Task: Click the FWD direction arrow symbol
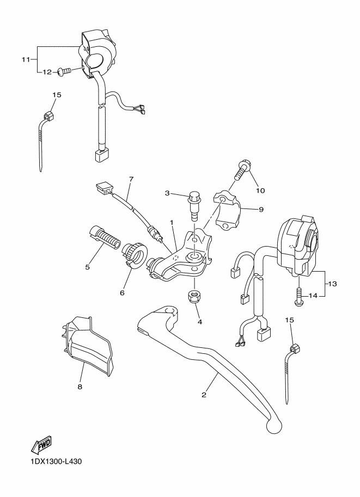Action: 41,443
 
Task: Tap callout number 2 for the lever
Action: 204,395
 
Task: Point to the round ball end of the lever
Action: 273,425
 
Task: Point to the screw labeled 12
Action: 64,71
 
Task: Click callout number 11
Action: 26,59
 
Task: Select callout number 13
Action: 333,284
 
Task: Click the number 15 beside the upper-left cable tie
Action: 57,95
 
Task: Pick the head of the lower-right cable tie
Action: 295,348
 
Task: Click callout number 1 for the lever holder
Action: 172,223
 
